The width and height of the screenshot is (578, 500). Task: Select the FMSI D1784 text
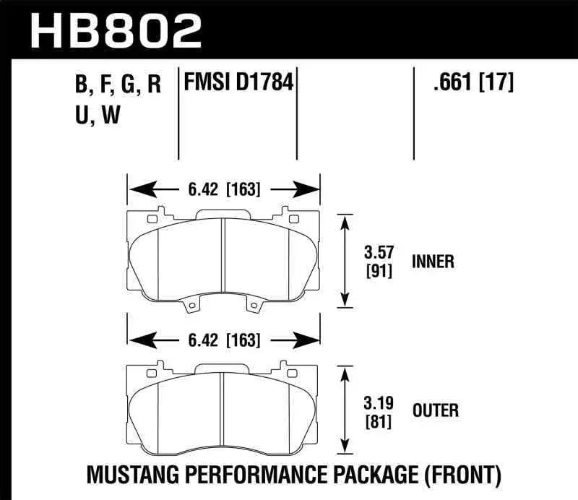click(239, 83)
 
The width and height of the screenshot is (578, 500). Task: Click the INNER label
click(433, 262)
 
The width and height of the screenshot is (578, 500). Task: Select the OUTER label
click(435, 411)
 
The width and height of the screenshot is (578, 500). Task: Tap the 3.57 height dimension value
click(377, 253)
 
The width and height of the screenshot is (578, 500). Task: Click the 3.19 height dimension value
click(377, 403)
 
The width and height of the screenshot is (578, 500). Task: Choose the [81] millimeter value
click(377, 421)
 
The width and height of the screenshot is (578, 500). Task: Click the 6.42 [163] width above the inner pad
click(223, 190)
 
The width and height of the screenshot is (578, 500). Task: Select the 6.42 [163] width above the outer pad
click(223, 340)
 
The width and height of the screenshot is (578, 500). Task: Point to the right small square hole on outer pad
click(293, 372)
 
